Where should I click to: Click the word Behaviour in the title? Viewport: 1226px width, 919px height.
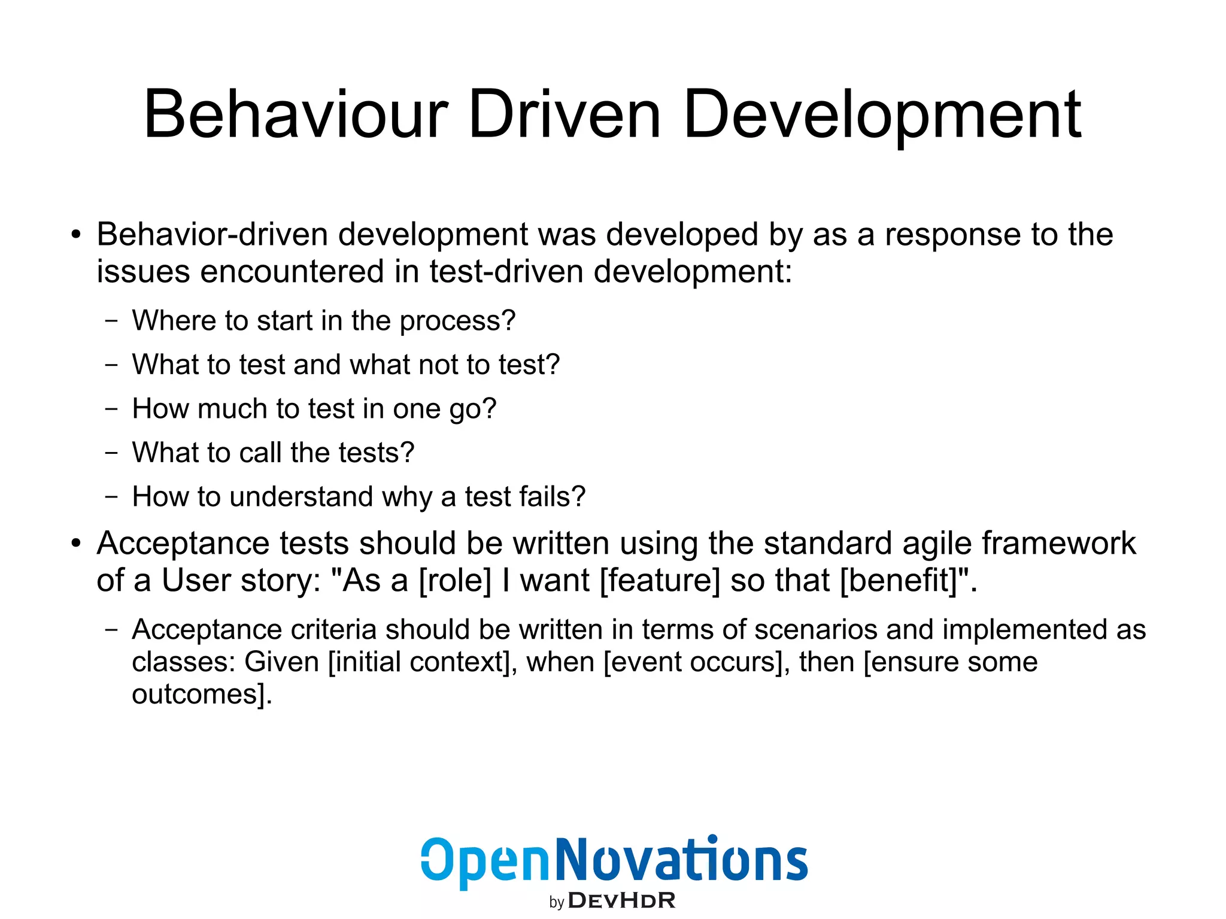(x=296, y=114)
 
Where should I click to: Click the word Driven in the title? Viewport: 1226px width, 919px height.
(x=564, y=114)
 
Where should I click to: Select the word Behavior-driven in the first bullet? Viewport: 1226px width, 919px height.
(x=212, y=234)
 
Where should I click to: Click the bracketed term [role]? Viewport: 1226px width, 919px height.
(x=455, y=581)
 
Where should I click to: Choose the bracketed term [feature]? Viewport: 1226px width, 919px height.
(x=659, y=581)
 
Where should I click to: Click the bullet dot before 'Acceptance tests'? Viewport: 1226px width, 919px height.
(x=75, y=544)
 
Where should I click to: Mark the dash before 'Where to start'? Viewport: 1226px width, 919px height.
(x=111, y=320)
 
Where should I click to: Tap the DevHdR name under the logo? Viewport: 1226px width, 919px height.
(x=621, y=900)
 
